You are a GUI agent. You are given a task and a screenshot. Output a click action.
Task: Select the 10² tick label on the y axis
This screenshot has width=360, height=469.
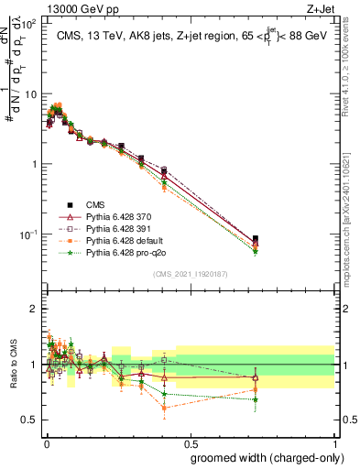(x=28, y=25)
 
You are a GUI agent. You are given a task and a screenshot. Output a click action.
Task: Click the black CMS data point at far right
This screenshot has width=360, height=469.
(x=256, y=238)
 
